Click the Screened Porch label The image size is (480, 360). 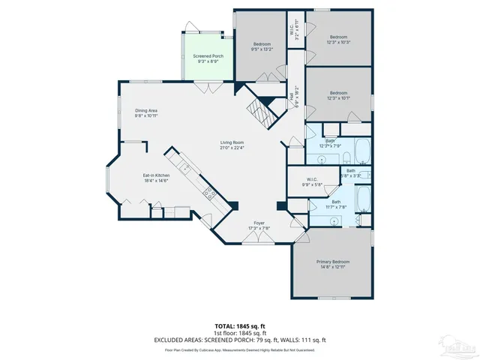tap(208, 56)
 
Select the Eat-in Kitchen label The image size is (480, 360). tap(156, 175)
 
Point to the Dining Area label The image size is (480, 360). tap(145, 111)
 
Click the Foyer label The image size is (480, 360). tap(259, 223)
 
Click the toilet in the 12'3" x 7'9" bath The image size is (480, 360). tap(347, 156)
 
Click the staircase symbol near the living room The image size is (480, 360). tap(262, 115)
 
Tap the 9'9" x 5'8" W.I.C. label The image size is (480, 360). tap(311, 182)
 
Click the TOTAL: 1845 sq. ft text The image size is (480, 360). tap(240, 326)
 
